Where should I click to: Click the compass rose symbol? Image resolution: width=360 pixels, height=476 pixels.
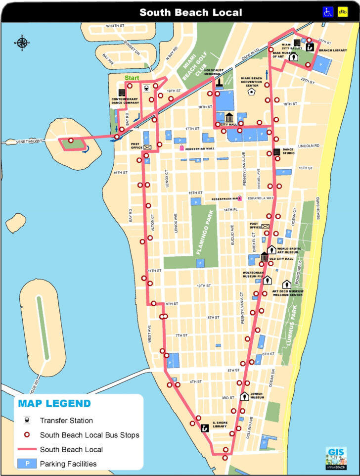(22, 43)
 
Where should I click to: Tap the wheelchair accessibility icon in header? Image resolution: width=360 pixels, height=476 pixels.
(327, 12)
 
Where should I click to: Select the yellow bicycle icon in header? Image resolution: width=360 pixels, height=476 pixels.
(342, 12)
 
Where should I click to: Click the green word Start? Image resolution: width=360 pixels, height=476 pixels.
(132, 78)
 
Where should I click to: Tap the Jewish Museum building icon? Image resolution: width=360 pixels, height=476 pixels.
(244, 396)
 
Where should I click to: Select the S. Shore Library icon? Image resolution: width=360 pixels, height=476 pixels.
(204, 428)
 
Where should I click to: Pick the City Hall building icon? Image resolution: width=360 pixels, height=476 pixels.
(229, 118)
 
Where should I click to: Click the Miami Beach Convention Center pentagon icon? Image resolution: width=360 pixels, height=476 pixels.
(252, 92)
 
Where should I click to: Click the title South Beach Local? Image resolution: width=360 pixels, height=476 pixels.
(190, 12)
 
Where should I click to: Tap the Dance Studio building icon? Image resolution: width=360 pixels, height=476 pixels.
(277, 152)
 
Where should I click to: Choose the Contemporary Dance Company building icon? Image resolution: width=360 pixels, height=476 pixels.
(122, 93)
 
